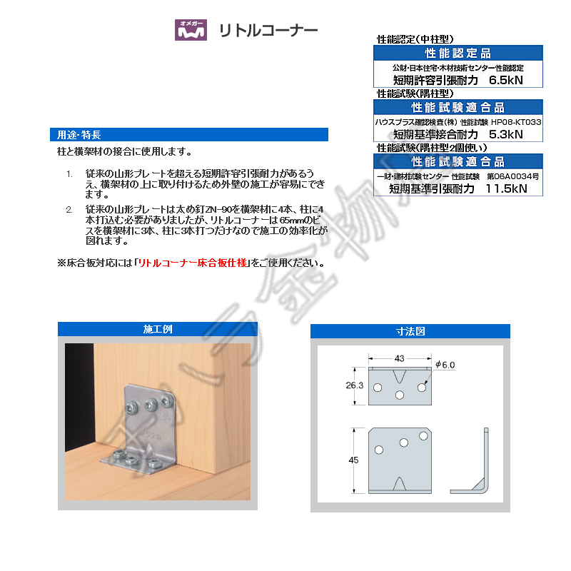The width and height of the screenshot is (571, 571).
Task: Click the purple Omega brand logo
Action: pos(191,30)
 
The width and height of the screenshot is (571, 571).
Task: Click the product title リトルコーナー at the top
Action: pos(268,31)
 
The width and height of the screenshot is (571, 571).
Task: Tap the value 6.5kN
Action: pos(505,80)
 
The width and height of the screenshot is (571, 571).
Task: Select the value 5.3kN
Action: pos(505,133)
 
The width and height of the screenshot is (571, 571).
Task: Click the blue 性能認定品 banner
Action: pos(458,54)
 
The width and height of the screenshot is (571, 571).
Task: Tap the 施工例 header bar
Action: pos(158,330)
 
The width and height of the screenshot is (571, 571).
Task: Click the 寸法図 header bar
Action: pos(410,331)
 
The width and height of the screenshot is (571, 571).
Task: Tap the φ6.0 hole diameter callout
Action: pos(444,365)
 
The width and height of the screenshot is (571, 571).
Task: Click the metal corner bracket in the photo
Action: pos(146,435)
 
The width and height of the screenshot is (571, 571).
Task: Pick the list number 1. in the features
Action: pos(69,174)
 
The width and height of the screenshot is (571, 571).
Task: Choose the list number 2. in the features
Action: pos(69,208)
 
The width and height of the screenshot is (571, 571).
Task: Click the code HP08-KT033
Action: pos(516,122)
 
